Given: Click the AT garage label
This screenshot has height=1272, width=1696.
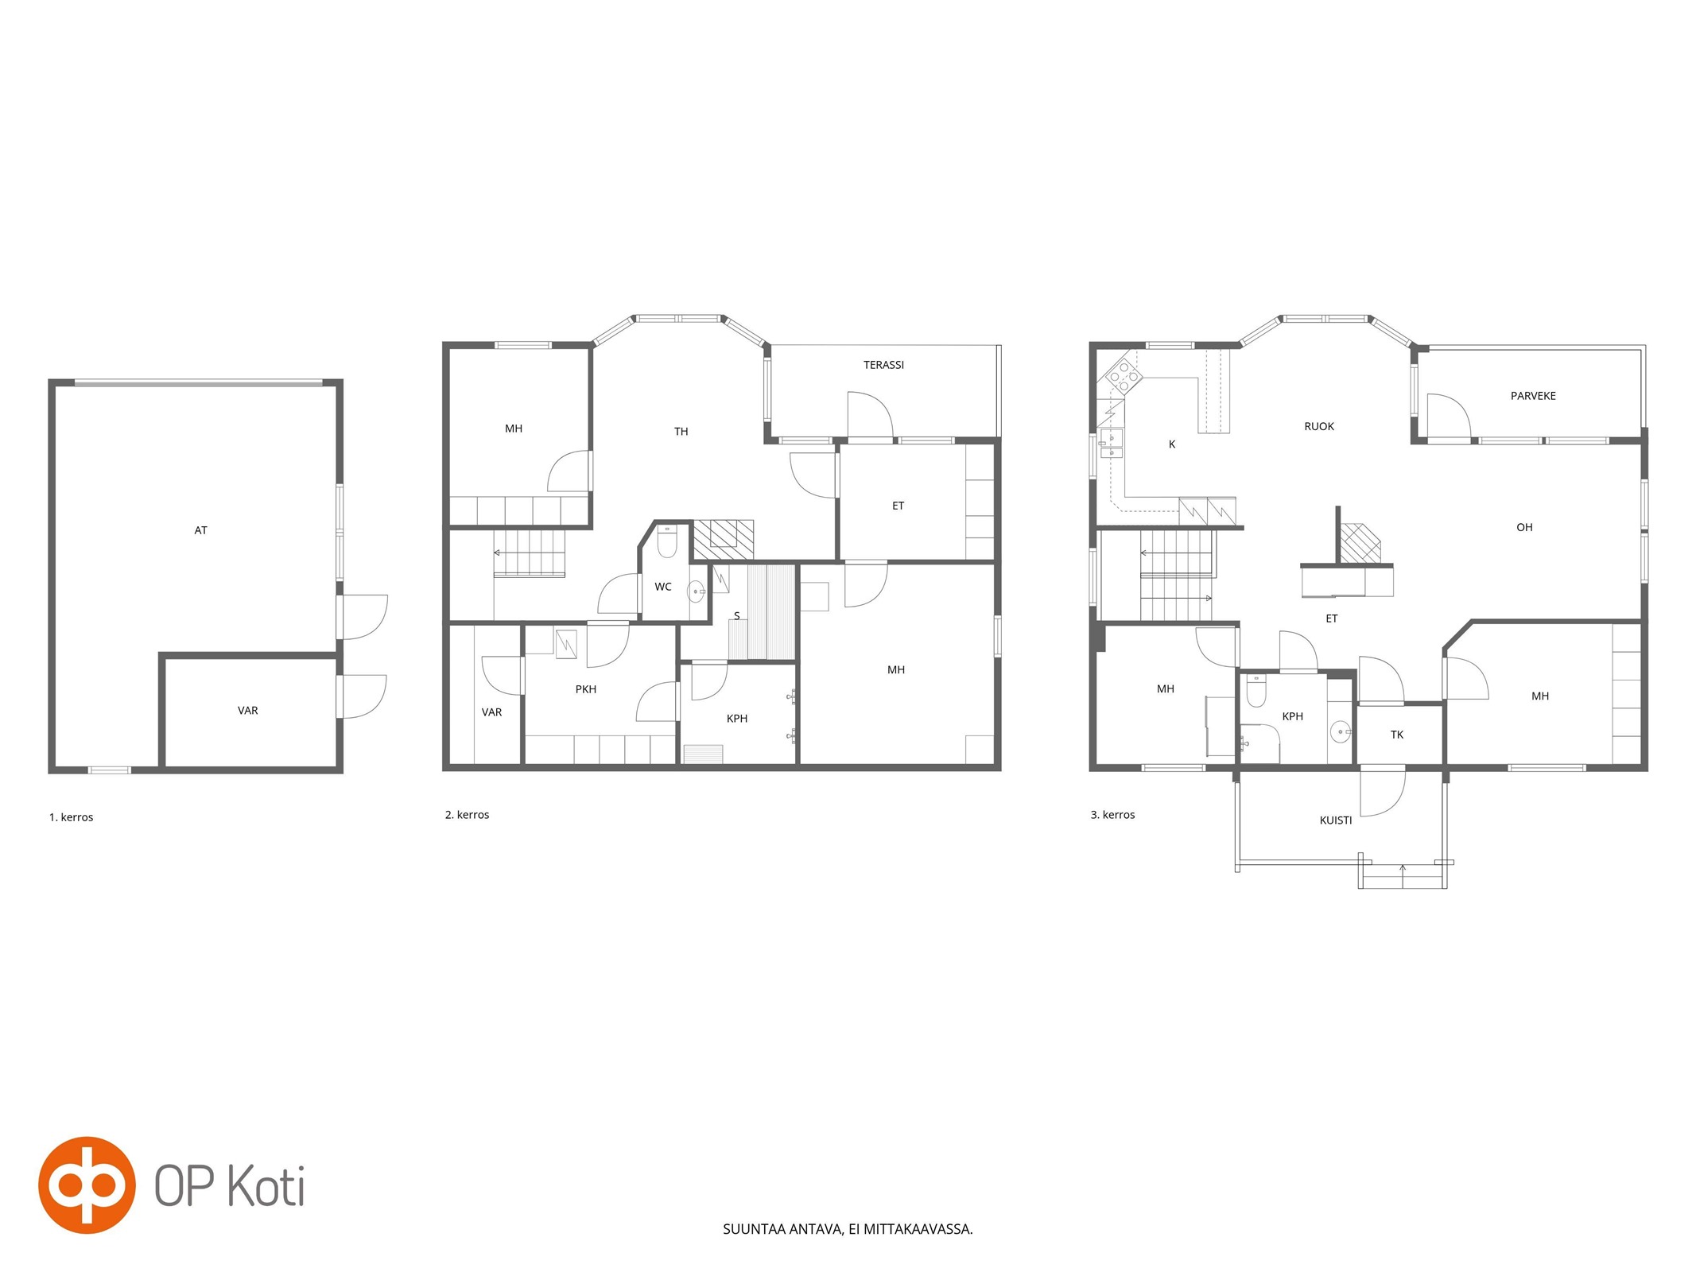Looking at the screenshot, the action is click(200, 530).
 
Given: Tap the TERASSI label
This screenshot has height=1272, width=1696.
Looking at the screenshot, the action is click(883, 365).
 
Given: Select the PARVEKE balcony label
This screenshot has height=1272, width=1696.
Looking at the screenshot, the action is click(1533, 396).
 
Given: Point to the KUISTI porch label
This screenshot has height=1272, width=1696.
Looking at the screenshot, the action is click(1336, 820).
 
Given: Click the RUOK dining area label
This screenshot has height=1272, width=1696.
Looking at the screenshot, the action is click(1319, 427).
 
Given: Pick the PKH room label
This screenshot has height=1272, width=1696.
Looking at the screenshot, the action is click(586, 689).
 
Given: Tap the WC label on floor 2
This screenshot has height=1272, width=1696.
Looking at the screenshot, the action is click(663, 587).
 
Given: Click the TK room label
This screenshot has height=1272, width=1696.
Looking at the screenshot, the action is click(1397, 735).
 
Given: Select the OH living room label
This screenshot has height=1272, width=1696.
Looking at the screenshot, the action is click(1524, 527).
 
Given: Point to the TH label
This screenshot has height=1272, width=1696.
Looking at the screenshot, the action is click(681, 432).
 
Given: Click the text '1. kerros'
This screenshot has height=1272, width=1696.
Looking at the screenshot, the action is click(72, 817).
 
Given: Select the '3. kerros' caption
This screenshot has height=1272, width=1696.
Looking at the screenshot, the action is click(1113, 815).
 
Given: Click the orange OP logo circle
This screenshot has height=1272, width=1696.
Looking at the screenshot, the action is click(87, 1185).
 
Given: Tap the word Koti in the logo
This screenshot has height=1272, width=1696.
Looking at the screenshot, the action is click(266, 1186).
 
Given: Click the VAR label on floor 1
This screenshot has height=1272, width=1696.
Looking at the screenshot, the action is click(248, 711).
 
